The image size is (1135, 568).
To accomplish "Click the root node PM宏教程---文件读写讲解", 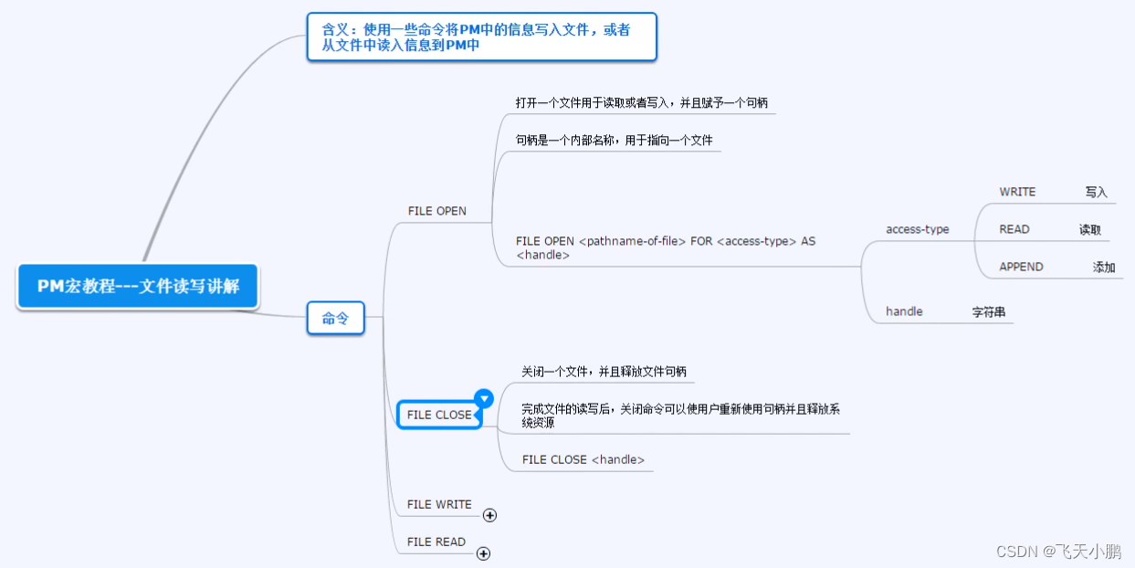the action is click(x=138, y=286).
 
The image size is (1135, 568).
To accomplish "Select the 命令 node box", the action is click(x=335, y=319).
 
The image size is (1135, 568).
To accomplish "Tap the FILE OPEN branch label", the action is click(x=436, y=211).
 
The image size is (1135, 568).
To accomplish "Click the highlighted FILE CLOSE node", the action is click(x=439, y=415).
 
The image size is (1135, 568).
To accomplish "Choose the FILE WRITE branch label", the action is click(x=439, y=504).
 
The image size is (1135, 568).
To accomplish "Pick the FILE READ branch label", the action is click(x=436, y=542).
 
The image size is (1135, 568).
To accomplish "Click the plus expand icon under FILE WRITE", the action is click(x=489, y=515).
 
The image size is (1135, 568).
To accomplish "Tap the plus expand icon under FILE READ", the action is click(x=484, y=553).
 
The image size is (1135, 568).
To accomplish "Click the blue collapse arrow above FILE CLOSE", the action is click(x=484, y=398).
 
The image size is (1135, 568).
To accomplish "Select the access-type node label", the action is click(x=917, y=229).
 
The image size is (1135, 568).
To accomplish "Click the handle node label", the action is click(x=904, y=311).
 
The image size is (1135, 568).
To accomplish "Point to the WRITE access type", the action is click(x=1017, y=192).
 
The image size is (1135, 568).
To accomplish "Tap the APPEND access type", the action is click(x=1021, y=267).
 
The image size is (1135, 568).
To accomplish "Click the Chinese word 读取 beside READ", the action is click(x=1090, y=230).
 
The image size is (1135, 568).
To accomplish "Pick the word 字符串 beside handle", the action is click(x=988, y=312).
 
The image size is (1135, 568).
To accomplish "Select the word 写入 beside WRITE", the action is click(x=1096, y=193).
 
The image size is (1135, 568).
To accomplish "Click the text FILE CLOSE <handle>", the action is click(x=583, y=459).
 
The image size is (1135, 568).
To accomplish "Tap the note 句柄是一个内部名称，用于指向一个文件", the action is click(x=614, y=141).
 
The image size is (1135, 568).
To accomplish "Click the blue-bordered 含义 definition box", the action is click(x=481, y=37).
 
